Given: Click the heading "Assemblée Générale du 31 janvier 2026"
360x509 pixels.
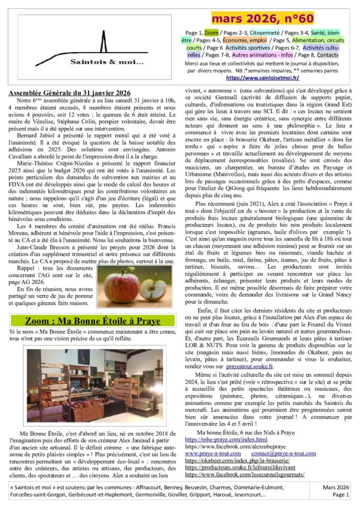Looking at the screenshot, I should point(70,93).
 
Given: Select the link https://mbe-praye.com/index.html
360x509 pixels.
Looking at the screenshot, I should point(226,439).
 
